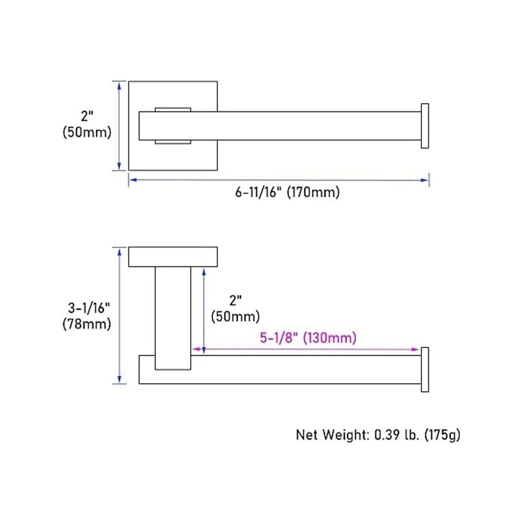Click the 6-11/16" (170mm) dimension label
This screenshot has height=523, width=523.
click(287, 192)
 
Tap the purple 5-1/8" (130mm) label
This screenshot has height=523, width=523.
click(308, 338)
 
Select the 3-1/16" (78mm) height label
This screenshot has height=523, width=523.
click(87, 316)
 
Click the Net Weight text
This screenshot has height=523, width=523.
click(378, 435)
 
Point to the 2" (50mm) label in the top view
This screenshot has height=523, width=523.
click(87, 124)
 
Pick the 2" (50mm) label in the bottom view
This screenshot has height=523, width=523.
click(235, 309)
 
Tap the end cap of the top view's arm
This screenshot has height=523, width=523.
click(425, 126)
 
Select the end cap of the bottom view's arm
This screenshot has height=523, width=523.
click(425, 370)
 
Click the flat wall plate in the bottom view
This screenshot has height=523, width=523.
click(173, 257)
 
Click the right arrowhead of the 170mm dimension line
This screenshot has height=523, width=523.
click(425, 180)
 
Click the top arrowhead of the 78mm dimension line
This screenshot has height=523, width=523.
click(119, 251)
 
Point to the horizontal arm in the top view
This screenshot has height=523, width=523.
click(305, 126)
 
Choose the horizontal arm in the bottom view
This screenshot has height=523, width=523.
click(305, 370)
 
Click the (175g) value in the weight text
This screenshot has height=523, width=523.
click(442, 435)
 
